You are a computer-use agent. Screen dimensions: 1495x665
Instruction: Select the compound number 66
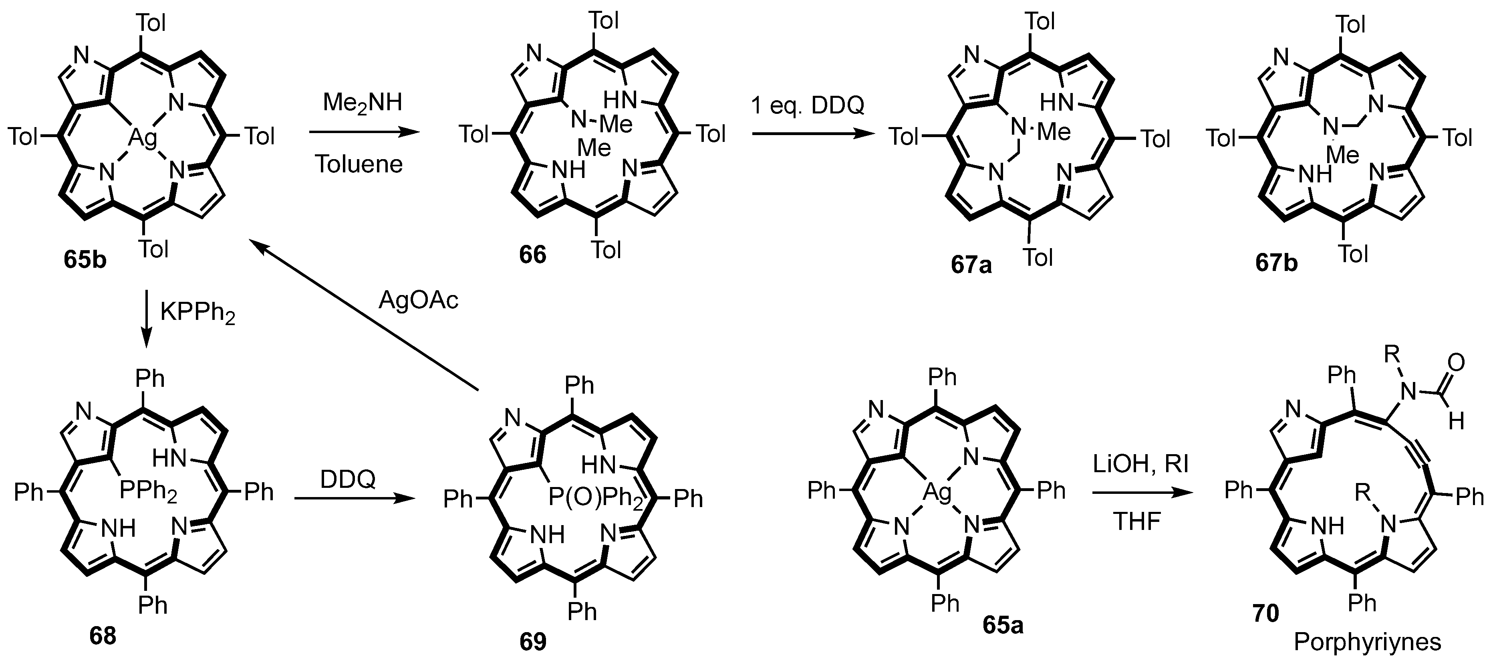(532, 255)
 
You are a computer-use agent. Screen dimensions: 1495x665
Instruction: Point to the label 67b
(1276, 263)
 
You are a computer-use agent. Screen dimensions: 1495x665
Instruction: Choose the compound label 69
(532, 641)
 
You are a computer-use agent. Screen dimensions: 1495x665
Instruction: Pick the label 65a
(1003, 625)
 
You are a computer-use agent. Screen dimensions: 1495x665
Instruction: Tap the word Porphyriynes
(1367, 642)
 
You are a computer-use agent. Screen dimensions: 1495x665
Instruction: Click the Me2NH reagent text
(362, 103)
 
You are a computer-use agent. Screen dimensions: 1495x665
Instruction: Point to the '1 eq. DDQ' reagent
(807, 105)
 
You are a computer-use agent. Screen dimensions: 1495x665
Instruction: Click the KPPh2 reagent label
(197, 313)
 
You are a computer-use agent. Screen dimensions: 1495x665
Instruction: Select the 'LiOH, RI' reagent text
(1140, 464)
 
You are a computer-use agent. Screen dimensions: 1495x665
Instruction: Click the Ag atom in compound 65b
(142, 138)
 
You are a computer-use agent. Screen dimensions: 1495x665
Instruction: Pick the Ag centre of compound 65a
(937, 493)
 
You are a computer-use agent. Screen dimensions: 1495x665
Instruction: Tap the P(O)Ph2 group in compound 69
(595, 498)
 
